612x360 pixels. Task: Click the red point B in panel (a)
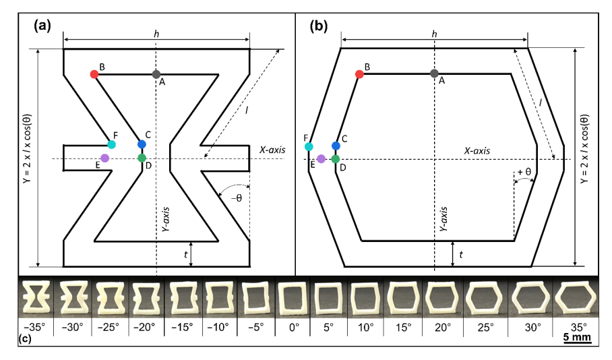click(94, 74)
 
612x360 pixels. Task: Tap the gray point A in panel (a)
click(156, 74)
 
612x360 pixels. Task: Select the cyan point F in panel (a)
click(112, 144)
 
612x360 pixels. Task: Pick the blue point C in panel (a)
click(142, 144)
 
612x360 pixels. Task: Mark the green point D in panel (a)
click(142, 158)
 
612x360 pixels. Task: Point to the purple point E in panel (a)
click(105, 158)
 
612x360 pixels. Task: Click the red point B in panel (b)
click(359, 74)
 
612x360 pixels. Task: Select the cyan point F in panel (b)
click(309, 146)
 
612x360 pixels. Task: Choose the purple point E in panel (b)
click(322, 158)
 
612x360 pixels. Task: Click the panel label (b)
click(319, 26)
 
